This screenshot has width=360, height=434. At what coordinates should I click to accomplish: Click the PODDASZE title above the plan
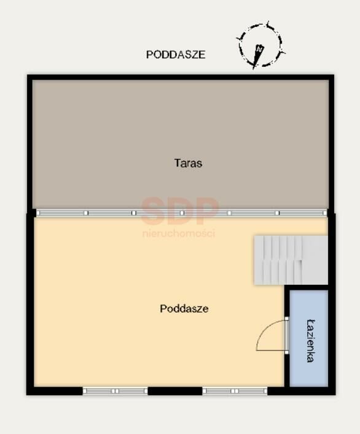(176, 55)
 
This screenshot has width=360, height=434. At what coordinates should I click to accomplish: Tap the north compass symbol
(260, 45)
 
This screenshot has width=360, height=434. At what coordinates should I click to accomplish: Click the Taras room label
(188, 163)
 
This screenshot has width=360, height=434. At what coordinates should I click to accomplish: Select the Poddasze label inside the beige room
(184, 309)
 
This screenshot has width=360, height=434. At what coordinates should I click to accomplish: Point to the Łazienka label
(310, 341)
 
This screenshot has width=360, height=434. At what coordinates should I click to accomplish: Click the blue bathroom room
(309, 338)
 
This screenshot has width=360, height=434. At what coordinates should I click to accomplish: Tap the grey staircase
(291, 260)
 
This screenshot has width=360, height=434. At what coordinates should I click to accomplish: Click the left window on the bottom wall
(115, 391)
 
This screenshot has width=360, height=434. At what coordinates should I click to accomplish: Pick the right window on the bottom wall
(235, 391)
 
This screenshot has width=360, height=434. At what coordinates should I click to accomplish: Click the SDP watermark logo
(179, 211)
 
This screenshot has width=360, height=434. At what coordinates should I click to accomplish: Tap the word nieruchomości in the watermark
(179, 233)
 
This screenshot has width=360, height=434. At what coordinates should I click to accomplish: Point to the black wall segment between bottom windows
(175, 391)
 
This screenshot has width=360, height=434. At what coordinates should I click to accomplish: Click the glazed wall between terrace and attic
(182, 213)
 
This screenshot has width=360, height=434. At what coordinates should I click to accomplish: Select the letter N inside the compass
(259, 48)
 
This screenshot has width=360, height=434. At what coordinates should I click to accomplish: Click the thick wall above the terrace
(181, 77)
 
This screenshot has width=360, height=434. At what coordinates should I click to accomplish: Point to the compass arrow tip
(254, 69)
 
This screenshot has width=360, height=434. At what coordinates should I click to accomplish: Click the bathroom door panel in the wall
(287, 335)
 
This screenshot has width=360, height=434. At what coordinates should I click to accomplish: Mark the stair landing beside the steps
(315, 260)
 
